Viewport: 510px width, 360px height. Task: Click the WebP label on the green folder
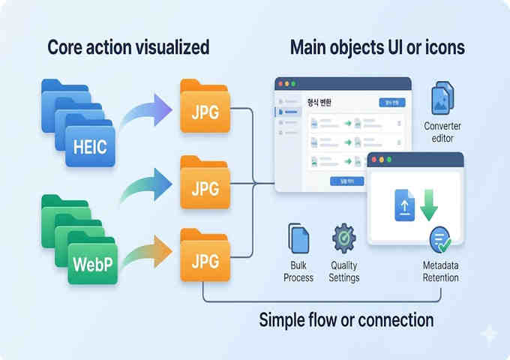point(93,264)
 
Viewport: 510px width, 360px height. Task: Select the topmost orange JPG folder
point(204,110)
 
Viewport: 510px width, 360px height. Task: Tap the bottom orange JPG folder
point(204,259)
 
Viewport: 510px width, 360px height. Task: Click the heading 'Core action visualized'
point(128,47)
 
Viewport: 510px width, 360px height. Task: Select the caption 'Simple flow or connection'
point(346,320)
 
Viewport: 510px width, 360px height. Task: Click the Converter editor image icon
point(442,98)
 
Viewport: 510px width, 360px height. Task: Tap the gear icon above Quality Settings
point(344,238)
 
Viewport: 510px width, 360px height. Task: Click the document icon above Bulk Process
point(299,238)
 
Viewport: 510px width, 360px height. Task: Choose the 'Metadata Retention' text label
point(440,271)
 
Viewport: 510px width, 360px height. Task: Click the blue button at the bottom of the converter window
point(346,181)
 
